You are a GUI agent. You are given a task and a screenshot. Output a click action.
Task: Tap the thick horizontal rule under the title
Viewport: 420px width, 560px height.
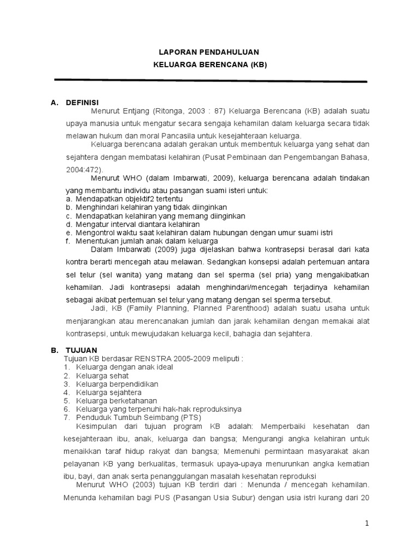tap(211, 81)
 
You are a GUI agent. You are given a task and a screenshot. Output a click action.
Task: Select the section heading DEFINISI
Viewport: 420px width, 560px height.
tap(82, 102)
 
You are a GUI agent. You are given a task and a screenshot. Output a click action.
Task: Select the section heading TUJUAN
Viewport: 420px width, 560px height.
tap(81, 350)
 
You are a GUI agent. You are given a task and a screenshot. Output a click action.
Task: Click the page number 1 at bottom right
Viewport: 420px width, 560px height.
tap(367, 523)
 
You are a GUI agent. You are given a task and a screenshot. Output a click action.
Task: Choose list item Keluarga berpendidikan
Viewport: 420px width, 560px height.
tap(117, 384)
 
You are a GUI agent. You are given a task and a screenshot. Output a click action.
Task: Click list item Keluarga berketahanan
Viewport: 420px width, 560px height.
tap(116, 401)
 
